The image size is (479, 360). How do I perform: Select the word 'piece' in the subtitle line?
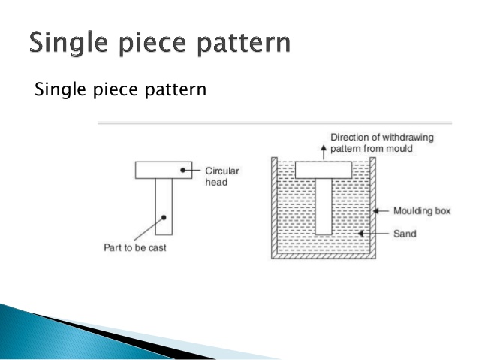(x=111, y=90)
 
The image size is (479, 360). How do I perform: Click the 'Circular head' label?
(x=223, y=175)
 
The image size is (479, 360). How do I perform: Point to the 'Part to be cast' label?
(x=135, y=247)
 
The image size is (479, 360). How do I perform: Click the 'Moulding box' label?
(x=421, y=211)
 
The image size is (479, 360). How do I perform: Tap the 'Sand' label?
(x=405, y=234)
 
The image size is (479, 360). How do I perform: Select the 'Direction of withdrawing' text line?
(x=382, y=138)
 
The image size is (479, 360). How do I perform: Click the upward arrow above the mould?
(x=323, y=148)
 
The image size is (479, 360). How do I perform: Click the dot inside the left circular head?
(x=182, y=171)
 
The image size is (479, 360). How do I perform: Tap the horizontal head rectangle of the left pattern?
(x=158, y=170)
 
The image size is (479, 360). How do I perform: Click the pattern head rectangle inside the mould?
(x=323, y=169)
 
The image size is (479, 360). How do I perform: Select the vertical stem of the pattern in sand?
(x=323, y=206)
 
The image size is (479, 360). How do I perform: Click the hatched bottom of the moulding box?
(x=323, y=256)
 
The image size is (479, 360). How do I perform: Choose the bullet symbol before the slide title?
(x=16, y=43)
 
